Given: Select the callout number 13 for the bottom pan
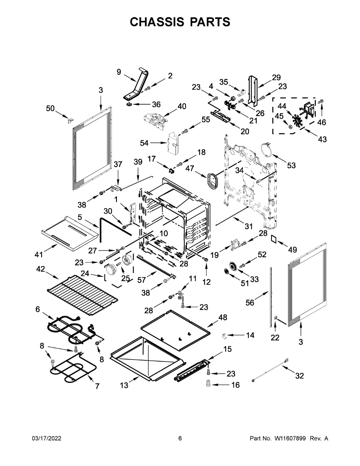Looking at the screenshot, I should point(124,385).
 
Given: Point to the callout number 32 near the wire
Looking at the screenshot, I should point(299,376).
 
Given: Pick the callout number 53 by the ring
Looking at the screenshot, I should point(291,165).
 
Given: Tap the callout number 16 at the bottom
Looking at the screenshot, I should point(235,385).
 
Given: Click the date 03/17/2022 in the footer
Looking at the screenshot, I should point(46,438).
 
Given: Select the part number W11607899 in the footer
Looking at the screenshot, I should point(291,438).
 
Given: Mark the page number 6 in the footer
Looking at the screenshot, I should point(180,438).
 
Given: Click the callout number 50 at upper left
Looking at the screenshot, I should point(50,108).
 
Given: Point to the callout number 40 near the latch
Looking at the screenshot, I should point(182,106).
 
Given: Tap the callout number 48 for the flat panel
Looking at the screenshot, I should point(223,317).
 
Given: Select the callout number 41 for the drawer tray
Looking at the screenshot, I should point(38,255).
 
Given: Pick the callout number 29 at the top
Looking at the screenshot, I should point(276,77).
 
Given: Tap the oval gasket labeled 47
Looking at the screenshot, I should point(212,181).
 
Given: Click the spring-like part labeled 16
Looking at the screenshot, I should point(208,384).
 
